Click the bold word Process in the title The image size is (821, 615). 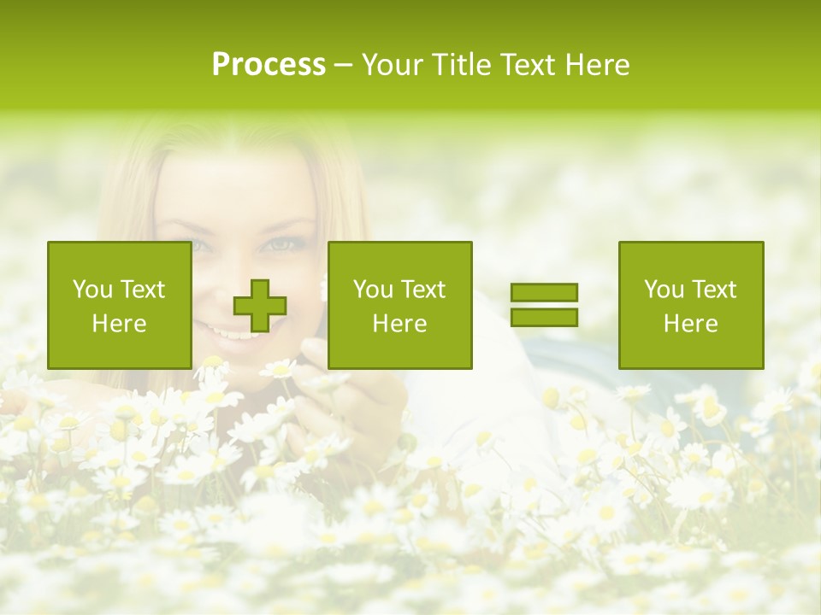point(269,65)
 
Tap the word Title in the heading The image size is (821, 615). point(461,65)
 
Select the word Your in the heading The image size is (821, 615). point(393,65)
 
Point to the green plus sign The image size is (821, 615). point(260,306)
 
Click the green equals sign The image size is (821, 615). point(544,305)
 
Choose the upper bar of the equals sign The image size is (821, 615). point(544,293)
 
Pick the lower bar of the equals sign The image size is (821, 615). point(544,317)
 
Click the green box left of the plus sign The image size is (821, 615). point(120,305)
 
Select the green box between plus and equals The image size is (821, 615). point(399,305)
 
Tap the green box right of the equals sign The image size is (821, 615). point(691,305)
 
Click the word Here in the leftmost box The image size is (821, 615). point(120,324)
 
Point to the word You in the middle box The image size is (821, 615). point(373,290)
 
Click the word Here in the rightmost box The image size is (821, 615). point(691,324)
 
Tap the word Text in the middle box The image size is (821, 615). point(424,290)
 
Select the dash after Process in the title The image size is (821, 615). point(344,65)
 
